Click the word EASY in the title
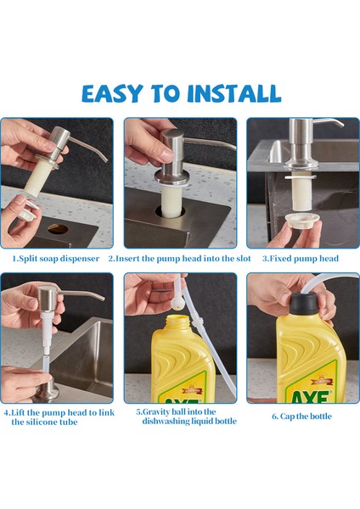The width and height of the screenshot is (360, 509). coord(112,93)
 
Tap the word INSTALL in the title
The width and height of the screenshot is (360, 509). coord(234,93)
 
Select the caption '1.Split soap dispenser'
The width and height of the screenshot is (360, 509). coord(55,259)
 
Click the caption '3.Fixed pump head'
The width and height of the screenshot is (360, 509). coord(301,259)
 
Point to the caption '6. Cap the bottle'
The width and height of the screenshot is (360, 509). coord(302,417)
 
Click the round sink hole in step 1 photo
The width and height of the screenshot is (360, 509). coord(58,229)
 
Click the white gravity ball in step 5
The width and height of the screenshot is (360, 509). coord(178,303)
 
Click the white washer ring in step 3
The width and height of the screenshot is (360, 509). coord(301,177)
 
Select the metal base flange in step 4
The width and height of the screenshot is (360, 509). coord(48,392)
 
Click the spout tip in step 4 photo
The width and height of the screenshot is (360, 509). coord(102,298)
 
